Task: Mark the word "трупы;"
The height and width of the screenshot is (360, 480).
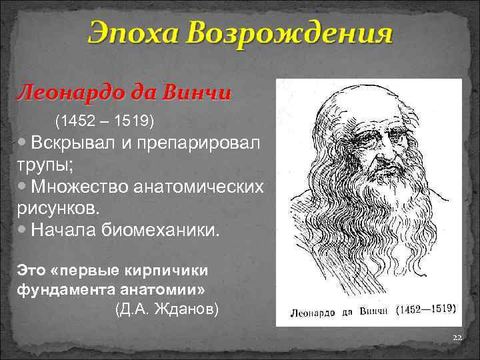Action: [x=39, y=165]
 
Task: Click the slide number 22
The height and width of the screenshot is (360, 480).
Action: [x=456, y=338]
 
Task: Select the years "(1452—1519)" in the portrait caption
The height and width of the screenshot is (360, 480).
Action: [x=426, y=309]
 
